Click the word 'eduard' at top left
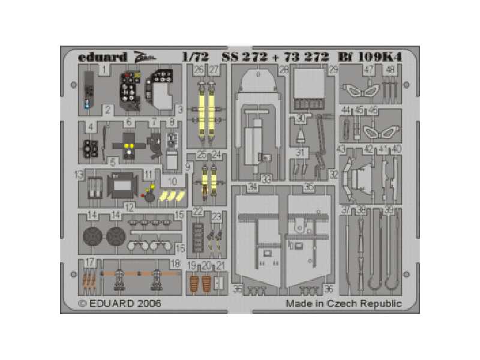[x=102, y=58]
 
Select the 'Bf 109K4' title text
[x=374, y=58]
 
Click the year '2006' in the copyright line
[x=149, y=304]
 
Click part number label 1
[x=104, y=70]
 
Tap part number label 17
[x=90, y=262]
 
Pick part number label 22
[x=198, y=212]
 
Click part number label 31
[x=301, y=152]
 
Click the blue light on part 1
[x=88, y=104]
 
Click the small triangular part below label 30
[x=300, y=136]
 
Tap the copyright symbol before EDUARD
[x=83, y=304]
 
